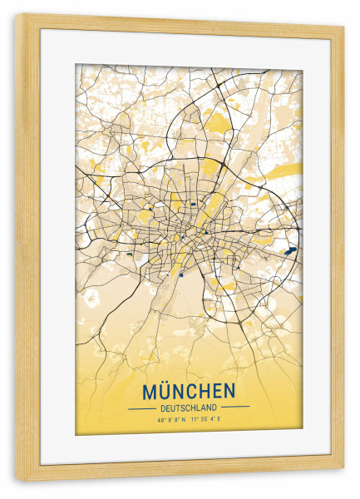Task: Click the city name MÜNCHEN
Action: [189, 391]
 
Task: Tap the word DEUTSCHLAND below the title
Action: [189, 408]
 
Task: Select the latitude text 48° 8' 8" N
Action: [170, 420]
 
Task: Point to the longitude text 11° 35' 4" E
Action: [208, 420]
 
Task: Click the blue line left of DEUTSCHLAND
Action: [141, 408]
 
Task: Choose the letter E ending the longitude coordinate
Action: [223, 420]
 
